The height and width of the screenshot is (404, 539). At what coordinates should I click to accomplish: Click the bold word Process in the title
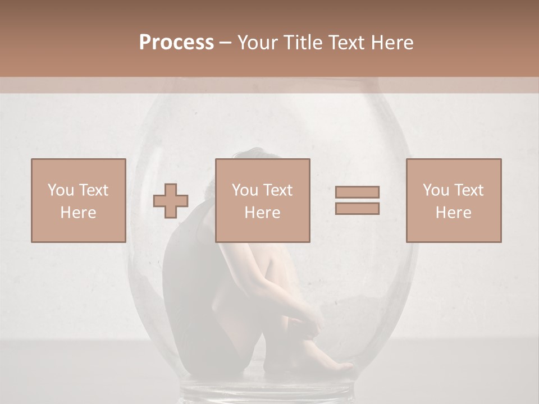pyautogui.click(x=176, y=43)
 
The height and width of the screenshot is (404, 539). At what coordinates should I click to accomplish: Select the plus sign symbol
pyautogui.click(x=171, y=201)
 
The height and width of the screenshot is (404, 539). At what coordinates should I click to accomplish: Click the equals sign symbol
pyautogui.click(x=357, y=200)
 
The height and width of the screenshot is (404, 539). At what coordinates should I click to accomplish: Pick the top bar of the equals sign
pyautogui.click(x=357, y=192)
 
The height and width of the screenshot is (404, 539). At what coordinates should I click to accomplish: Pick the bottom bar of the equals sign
pyautogui.click(x=357, y=208)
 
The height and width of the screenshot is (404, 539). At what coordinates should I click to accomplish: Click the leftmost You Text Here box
pyautogui.click(x=79, y=200)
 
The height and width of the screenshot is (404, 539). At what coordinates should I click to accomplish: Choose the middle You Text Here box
pyautogui.click(x=263, y=200)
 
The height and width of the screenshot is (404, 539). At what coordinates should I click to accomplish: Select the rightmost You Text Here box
pyautogui.click(x=454, y=200)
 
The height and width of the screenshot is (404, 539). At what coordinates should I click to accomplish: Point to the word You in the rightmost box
pyautogui.click(x=436, y=190)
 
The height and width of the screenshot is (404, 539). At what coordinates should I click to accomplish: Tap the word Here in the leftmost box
pyautogui.click(x=79, y=212)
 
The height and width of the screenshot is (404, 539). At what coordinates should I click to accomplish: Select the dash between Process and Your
pyautogui.click(x=225, y=43)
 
